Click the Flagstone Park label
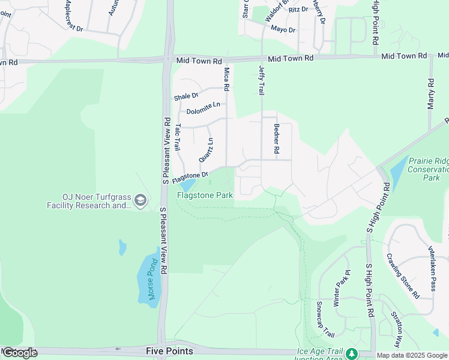(x=205, y=195)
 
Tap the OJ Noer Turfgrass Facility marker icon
(x=141, y=200)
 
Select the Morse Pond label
(x=152, y=280)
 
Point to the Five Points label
(x=169, y=350)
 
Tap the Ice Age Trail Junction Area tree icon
(x=351, y=354)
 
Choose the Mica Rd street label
(x=226, y=79)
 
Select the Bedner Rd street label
(x=276, y=139)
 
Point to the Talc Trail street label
(x=178, y=138)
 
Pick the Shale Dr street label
(x=186, y=96)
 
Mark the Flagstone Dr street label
(x=190, y=178)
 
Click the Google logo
(x=20, y=353)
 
